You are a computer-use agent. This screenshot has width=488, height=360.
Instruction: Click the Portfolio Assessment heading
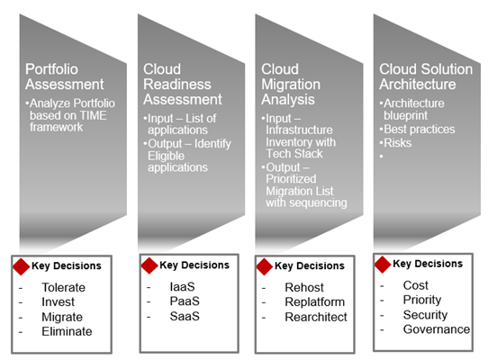pos(65,76)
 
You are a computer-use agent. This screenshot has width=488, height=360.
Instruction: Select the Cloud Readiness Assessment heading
pos(183,84)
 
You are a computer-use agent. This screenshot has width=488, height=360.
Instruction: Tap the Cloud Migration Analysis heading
pos(291,84)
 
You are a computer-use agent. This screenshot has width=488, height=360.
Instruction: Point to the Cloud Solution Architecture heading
pos(426,76)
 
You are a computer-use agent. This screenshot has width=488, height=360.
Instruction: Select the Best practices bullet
pos(420,129)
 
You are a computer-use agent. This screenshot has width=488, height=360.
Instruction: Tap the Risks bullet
pos(397,143)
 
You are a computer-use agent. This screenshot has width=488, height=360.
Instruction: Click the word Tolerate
pos(64,287)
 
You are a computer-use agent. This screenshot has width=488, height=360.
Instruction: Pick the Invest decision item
pos(59,301)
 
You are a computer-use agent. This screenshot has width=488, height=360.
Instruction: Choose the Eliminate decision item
pos(67,332)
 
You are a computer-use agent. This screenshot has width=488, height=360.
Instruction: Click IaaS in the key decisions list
pos(183,286)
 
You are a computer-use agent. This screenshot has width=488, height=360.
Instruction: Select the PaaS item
pos(185,301)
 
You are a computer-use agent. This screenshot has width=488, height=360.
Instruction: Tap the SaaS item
pos(185,316)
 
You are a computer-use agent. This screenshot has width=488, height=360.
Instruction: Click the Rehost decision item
pos(304,287)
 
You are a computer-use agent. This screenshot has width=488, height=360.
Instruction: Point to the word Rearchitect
pos(316,317)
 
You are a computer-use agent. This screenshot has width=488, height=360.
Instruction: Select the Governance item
pos(437,329)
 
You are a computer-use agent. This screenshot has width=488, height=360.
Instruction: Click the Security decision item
pos(426,315)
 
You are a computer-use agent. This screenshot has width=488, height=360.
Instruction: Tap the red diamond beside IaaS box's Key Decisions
pos(149,265)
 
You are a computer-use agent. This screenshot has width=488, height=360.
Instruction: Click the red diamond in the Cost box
pos(383,265)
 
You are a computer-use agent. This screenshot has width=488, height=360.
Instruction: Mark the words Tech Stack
pos(294,154)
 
